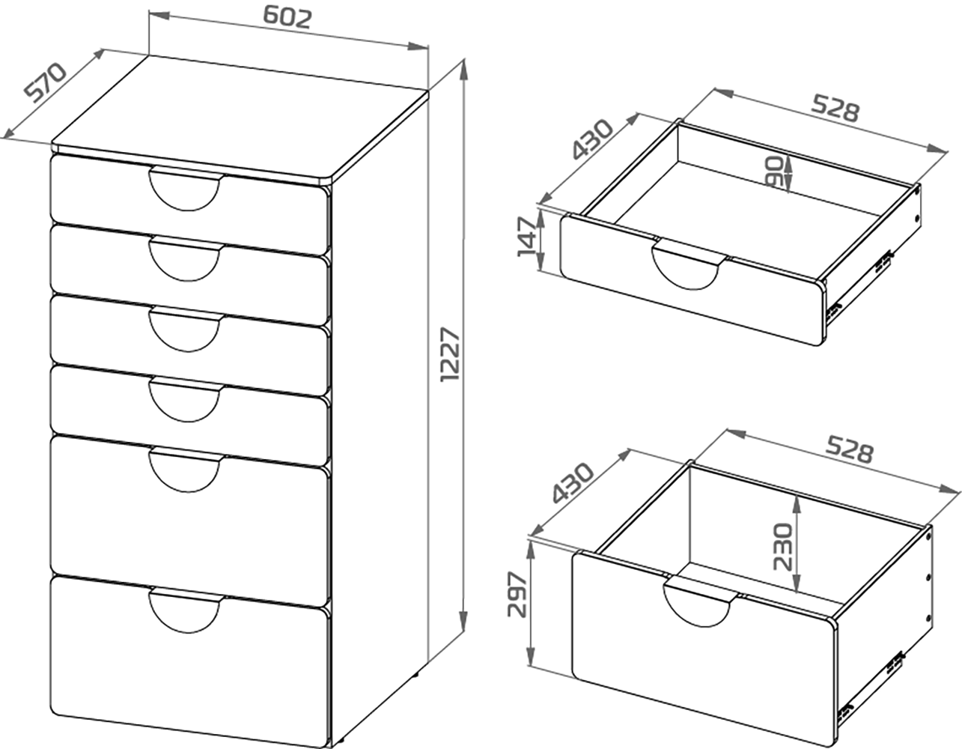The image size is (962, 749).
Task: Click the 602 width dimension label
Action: click(x=287, y=18)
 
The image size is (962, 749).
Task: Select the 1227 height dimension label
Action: click(x=451, y=354)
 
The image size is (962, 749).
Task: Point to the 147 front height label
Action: click(x=527, y=237)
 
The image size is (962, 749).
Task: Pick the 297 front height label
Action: click(x=517, y=594)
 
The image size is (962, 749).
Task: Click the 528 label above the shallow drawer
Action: click(x=835, y=109)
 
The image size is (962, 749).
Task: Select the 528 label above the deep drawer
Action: click(x=850, y=449)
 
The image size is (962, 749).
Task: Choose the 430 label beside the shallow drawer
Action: click(x=592, y=139)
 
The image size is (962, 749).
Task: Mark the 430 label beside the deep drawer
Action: click(x=573, y=482)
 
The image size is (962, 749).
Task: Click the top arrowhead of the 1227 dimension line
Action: click(x=463, y=70)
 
